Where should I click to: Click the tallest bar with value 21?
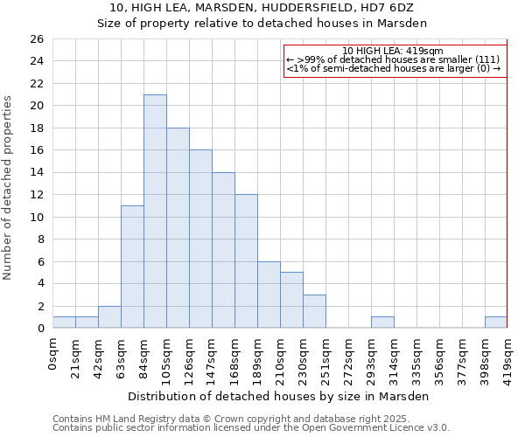click(x=155, y=211)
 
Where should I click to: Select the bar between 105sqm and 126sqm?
click(x=178, y=227)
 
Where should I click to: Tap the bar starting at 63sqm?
click(x=132, y=267)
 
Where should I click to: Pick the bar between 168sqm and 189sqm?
click(x=246, y=260)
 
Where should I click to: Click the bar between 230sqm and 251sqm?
click(x=314, y=311)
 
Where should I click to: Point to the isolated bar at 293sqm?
click(x=382, y=323)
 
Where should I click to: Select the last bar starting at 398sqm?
click(x=496, y=323)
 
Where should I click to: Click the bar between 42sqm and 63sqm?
click(x=109, y=317)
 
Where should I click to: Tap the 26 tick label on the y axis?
click(x=36, y=39)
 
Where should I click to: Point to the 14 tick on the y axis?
click(x=36, y=173)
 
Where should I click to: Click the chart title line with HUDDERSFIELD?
click(x=262, y=7)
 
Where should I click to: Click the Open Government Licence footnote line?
click(x=251, y=428)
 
